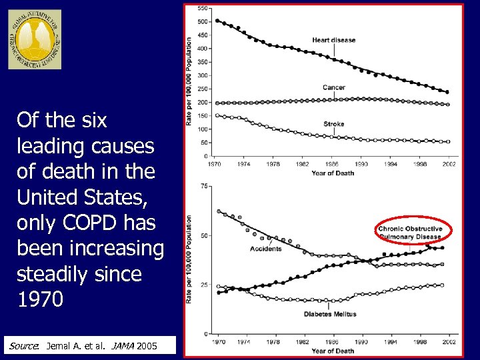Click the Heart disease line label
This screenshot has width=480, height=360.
coord(333,40)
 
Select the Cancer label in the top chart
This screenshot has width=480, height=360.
coord(333,87)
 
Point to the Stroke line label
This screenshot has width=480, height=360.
coord(333,124)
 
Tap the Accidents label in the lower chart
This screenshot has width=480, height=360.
coord(265,249)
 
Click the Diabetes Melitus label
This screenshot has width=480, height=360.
coord(330,314)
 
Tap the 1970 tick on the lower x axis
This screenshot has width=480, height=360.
coord(219,342)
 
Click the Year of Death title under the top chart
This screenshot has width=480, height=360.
coord(333,173)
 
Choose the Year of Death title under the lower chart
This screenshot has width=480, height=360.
coord(333,351)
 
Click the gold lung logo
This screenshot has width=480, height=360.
coord(35,39)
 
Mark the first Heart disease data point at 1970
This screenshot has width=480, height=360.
coord(218,21)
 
